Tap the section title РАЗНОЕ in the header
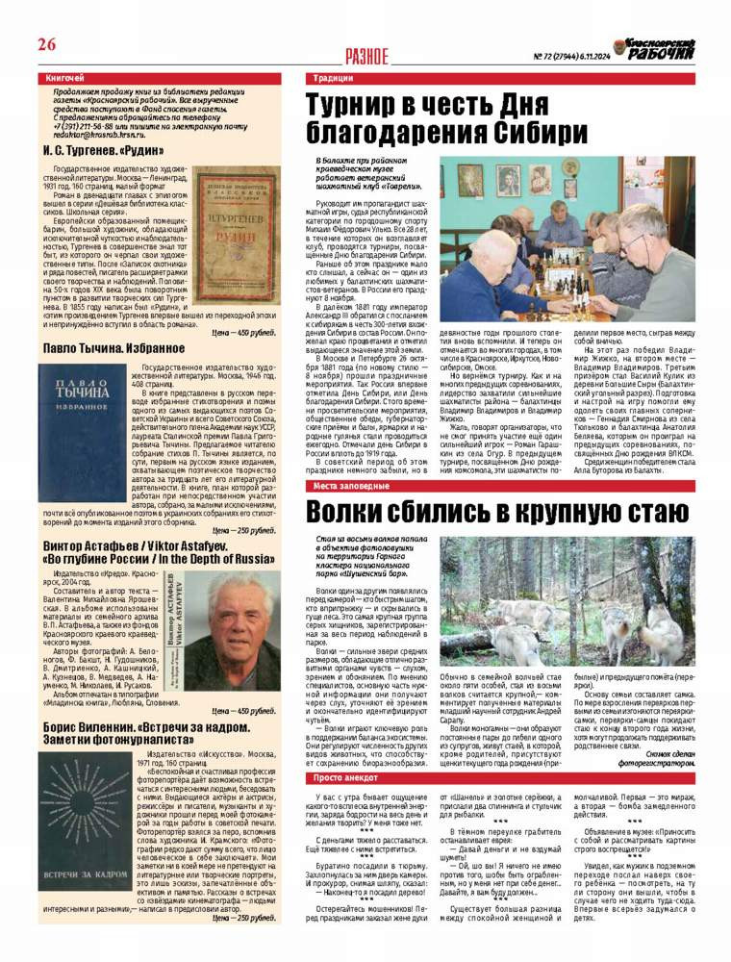[x=366, y=57]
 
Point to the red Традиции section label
[x=334, y=78]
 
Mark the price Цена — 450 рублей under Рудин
[x=244, y=332]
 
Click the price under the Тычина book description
[x=244, y=530]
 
